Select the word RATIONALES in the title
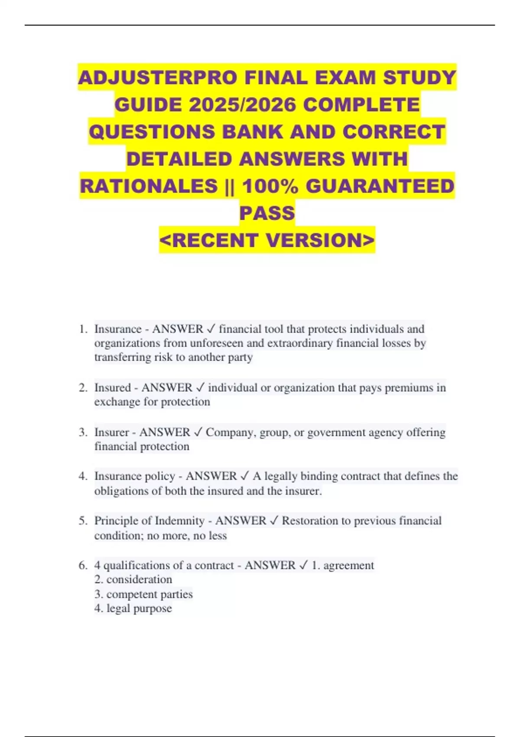(x=149, y=186)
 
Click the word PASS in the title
(x=267, y=213)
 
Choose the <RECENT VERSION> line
(x=267, y=240)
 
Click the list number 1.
(x=83, y=329)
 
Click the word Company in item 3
(x=230, y=432)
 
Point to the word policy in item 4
(x=160, y=476)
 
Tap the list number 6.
(x=83, y=565)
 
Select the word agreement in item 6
(x=348, y=565)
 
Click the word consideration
(x=139, y=580)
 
